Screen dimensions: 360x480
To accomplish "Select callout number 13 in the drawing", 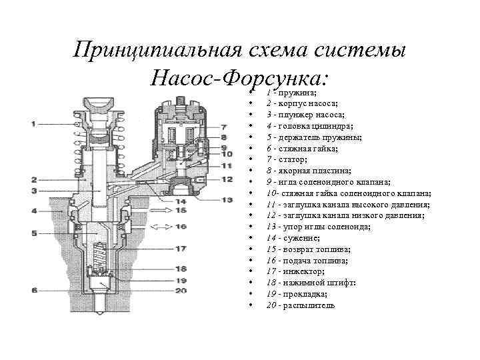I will [227, 196].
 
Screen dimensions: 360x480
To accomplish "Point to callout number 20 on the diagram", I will [181, 291].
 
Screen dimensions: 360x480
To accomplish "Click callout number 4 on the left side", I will [35, 211].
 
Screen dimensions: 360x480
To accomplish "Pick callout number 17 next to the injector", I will [181, 249].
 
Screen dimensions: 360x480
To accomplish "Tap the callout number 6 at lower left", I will [35, 290].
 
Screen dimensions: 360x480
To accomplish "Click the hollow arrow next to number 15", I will [161, 211].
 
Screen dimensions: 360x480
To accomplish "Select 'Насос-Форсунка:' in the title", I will [241, 79].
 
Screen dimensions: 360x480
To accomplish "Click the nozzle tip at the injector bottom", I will [101, 307].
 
